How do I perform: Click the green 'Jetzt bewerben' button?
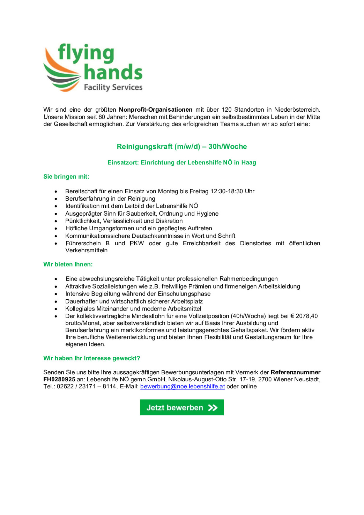tap(182, 407)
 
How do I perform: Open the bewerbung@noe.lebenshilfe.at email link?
tap(182, 386)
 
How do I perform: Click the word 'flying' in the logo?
tap(86, 53)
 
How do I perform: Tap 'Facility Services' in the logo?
tap(113, 87)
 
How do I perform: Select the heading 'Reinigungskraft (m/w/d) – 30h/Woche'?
tap(182, 146)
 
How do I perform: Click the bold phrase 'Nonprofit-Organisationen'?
tap(156, 110)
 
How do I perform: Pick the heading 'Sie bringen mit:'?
tap(66, 177)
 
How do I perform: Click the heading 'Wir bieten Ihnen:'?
tap(68, 264)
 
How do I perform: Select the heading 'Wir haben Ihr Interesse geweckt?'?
tap(92, 358)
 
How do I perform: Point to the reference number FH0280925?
tap(59, 379)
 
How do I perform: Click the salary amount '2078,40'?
tap(306, 316)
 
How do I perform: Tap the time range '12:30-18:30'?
tap(227, 191)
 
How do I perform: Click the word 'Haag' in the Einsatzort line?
tap(249, 162)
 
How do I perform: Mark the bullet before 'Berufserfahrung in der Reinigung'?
tap(56, 199)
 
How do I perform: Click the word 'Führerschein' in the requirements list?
tap(83, 243)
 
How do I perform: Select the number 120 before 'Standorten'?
tap(227, 110)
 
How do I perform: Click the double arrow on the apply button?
tap(213, 407)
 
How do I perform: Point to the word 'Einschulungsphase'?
tap(184, 294)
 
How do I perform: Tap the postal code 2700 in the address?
tap(265, 379)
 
